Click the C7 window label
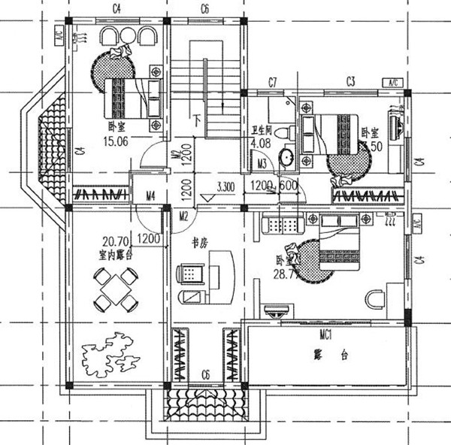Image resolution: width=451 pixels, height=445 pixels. point(274,81)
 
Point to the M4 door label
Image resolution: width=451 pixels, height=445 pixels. point(150,197)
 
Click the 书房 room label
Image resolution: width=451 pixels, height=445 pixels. point(199,242)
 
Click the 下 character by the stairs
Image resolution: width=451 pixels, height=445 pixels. point(197,119)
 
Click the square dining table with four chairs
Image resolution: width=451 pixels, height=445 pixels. point(117,289)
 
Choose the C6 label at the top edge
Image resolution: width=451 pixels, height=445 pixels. point(204,8)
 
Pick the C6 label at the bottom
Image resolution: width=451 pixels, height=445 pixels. point(204,374)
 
